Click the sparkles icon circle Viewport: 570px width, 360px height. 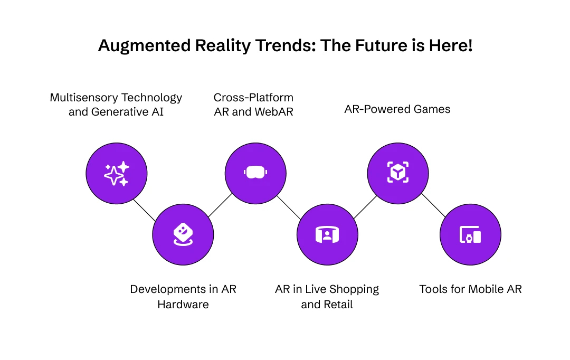click(117, 173)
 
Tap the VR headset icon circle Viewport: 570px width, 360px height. click(255, 173)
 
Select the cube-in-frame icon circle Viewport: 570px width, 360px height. click(398, 173)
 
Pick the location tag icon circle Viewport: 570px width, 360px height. click(183, 234)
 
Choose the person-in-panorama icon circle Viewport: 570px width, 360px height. click(327, 234)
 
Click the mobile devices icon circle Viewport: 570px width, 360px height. click(470, 234)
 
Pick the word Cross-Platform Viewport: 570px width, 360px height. click(253, 98)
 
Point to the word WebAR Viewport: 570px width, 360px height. click(273, 112)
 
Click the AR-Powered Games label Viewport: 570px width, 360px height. click(397, 109)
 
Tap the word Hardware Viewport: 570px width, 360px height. click(183, 305)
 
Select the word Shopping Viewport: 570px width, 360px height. click(354, 289)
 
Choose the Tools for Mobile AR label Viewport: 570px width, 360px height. click(470, 289)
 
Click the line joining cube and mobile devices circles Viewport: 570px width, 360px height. click(434, 204)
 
